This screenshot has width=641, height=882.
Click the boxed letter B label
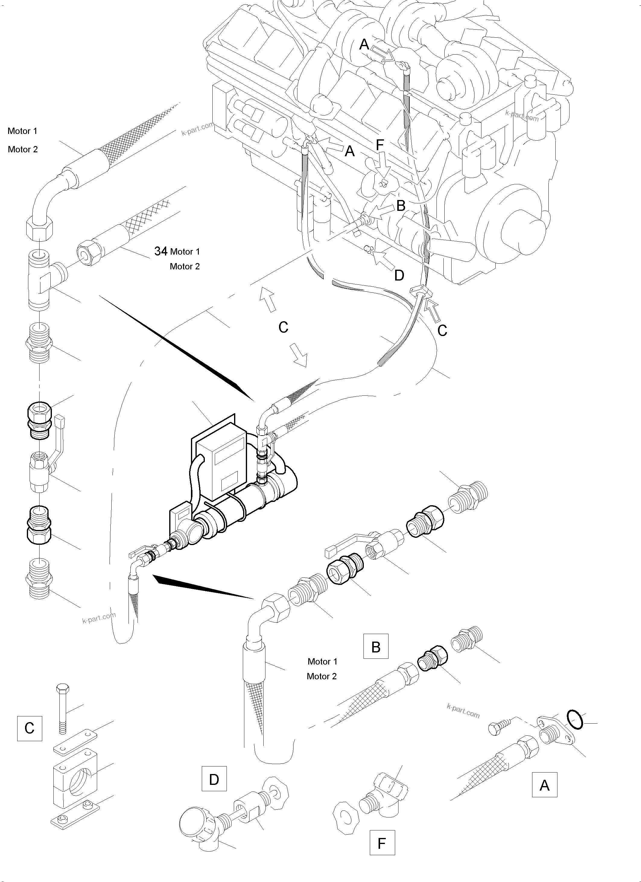pos(376,646)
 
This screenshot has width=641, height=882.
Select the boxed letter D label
pos(214,779)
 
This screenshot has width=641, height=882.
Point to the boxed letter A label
pos(544,785)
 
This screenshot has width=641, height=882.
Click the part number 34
pos(161,251)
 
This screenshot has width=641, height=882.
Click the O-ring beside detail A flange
pos(575,719)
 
